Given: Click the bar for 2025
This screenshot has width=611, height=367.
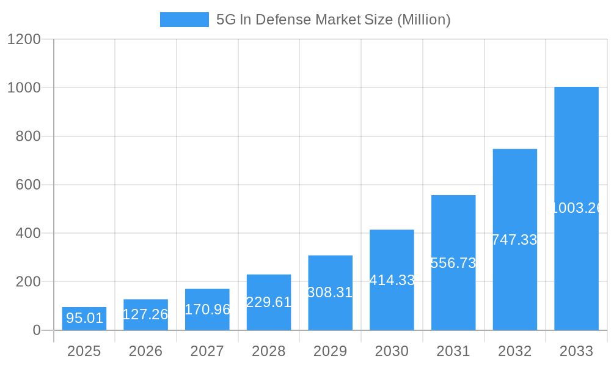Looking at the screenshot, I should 84,319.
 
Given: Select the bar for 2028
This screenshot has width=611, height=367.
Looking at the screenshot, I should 269,302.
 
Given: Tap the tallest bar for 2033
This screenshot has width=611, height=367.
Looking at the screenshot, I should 576,209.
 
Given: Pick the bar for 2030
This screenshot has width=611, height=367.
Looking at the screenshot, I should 392,280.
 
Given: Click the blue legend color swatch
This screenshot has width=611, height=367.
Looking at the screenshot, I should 184,20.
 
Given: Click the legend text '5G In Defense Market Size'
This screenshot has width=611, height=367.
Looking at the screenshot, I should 334,20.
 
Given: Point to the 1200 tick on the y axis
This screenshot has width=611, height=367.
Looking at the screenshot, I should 24,39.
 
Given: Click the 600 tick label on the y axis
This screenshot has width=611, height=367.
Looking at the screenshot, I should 27,185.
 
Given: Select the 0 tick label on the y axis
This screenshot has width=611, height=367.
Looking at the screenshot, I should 36,330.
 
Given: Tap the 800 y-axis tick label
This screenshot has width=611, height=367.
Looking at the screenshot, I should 27,136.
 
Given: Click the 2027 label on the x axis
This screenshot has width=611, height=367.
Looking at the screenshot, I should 207,351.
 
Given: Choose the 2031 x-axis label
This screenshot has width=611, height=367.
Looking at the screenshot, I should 453,351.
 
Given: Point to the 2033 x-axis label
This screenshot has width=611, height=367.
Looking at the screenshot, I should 576,351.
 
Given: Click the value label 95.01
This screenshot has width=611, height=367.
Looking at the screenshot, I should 84,318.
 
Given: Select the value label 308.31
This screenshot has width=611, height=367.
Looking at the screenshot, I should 330,292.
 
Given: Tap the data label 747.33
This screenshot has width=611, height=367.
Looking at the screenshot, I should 514,240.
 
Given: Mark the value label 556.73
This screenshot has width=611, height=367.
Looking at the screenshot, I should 453,263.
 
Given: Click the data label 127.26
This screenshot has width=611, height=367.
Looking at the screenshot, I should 145,314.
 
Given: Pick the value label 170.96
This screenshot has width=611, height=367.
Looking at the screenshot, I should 207,310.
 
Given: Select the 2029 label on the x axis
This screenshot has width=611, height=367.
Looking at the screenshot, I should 330,351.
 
